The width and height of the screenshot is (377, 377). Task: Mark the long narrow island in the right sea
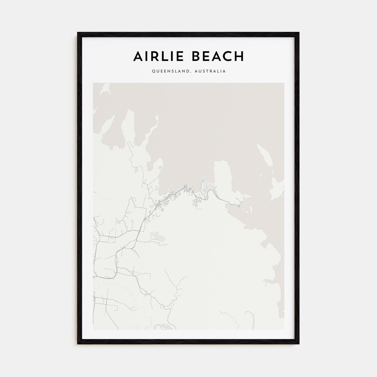[265, 156]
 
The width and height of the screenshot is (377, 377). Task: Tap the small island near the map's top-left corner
[105, 89]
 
